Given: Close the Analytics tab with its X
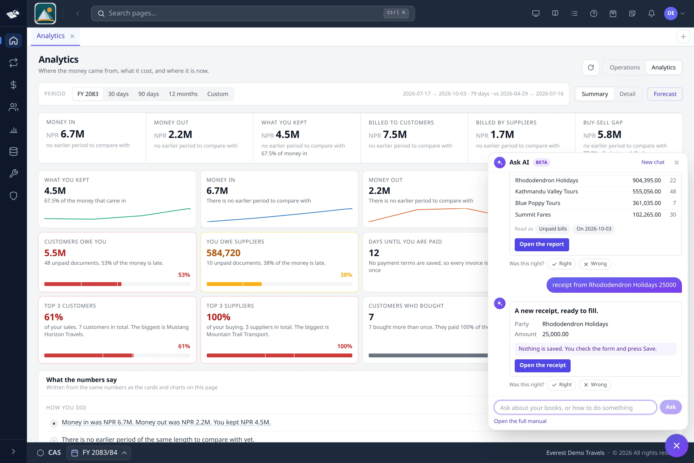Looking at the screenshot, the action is pyautogui.click(x=72, y=36).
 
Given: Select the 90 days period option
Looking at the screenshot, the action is pyautogui.click(x=148, y=94).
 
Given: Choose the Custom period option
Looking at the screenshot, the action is pyautogui.click(x=217, y=94).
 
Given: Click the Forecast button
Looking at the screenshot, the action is pyautogui.click(x=665, y=94).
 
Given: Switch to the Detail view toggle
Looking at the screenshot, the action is pyautogui.click(x=627, y=94).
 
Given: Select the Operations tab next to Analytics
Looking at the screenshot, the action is pyautogui.click(x=625, y=68).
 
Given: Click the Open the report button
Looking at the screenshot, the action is pyautogui.click(x=541, y=245).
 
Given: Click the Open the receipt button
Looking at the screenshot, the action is pyautogui.click(x=542, y=366).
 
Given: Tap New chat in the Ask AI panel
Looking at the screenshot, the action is pyautogui.click(x=653, y=162).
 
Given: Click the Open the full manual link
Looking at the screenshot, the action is pyautogui.click(x=520, y=421).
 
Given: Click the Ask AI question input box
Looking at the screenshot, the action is pyautogui.click(x=575, y=408).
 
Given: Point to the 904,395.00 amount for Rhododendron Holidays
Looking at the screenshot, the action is pyautogui.click(x=647, y=180).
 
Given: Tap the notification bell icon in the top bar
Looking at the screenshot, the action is pyautogui.click(x=651, y=13).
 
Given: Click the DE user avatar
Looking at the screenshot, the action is pyautogui.click(x=670, y=13).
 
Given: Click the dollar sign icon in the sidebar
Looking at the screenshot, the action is pyautogui.click(x=13, y=85).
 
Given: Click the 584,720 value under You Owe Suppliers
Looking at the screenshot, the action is pyautogui.click(x=223, y=253).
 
